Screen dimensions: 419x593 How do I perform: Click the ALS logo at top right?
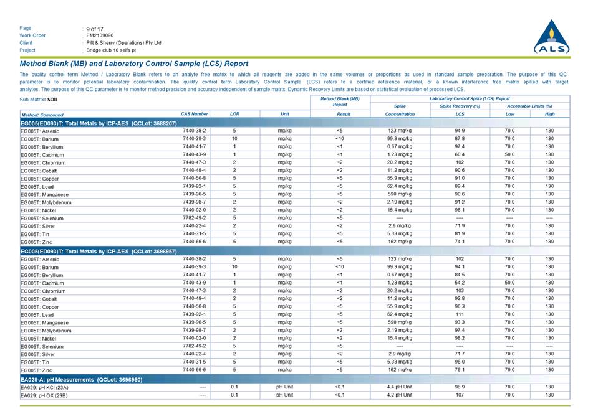pyautogui.click(x=551, y=37)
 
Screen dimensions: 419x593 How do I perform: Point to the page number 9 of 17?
pyautogui.click(x=95, y=28)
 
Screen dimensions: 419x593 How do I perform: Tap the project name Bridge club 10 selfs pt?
pyautogui.click(x=111, y=50)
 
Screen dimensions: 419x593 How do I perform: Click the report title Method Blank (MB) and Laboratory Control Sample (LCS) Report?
pyautogui.click(x=134, y=64)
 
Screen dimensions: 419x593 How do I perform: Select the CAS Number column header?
pyautogui.click(x=194, y=114)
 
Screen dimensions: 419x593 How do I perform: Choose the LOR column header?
pyautogui.click(x=234, y=114)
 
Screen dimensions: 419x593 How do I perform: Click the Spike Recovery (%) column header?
pyautogui.click(x=460, y=106)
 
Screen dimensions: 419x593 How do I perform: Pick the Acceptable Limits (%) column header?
pyautogui.click(x=529, y=106)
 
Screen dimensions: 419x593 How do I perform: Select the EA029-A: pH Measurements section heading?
pyautogui.click(x=82, y=379)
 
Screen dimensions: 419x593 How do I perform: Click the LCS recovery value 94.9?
pyautogui.click(x=460, y=131)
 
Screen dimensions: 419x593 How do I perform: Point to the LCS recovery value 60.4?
pyautogui.click(x=460, y=154)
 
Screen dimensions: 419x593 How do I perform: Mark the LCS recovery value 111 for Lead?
pyautogui.click(x=460, y=314)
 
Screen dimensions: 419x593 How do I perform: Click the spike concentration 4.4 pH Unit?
pyautogui.click(x=400, y=387)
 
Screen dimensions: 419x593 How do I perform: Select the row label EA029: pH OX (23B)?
pyautogui.click(x=44, y=395)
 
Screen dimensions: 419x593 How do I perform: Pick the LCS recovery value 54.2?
pyautogui.click(x=460, y=283)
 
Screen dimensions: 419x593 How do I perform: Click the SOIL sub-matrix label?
pyautogui.click(x=53, y=100)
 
